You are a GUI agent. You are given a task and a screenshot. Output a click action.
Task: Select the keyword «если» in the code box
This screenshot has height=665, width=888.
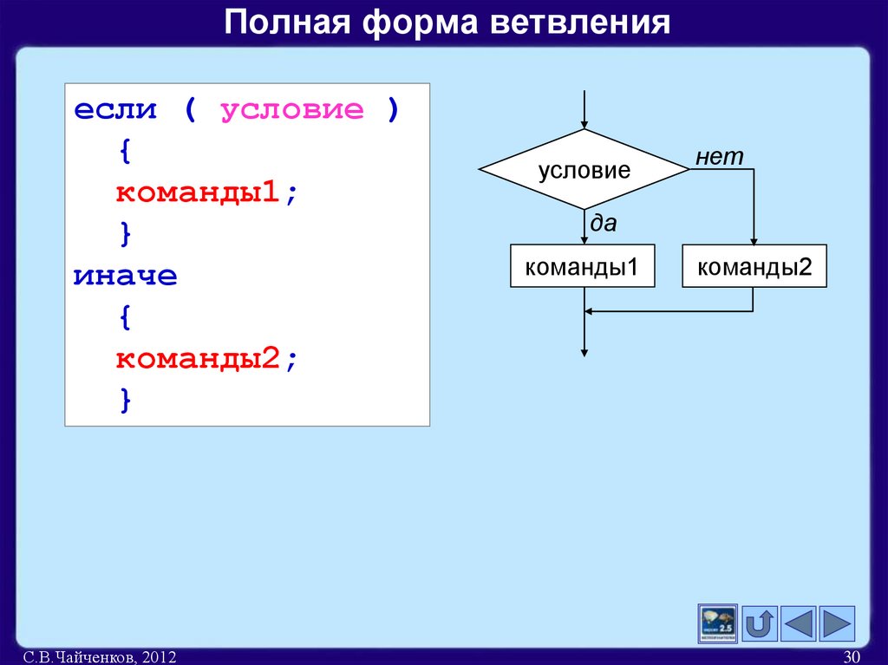(115, 110)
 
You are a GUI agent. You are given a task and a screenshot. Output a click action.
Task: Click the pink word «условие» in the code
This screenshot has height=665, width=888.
(292, 110)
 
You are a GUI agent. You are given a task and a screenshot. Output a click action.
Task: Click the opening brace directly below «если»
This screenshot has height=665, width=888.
(126, 152)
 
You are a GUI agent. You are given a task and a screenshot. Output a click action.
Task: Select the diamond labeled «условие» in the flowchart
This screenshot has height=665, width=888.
(584, 170)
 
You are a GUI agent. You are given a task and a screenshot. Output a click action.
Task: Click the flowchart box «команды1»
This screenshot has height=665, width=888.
(582, 267)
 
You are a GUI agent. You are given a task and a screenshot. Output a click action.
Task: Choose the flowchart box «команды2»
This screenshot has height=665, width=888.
(754, 267)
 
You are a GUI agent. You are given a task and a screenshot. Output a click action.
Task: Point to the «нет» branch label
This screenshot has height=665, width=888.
(719, 157)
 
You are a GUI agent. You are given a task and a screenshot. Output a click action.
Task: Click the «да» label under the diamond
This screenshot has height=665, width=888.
(604, 224)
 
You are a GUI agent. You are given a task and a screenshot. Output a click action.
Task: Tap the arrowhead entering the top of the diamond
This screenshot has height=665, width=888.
(585, 124)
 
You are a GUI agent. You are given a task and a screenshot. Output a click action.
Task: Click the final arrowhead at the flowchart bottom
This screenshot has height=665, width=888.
(585, 351)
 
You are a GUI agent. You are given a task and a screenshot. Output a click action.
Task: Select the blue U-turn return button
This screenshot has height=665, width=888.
(761, 623)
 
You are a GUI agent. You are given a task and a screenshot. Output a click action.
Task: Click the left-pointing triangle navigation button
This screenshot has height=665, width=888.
(799, 623)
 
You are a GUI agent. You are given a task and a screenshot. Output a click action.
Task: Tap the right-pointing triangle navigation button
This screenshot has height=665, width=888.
(837, 623)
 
